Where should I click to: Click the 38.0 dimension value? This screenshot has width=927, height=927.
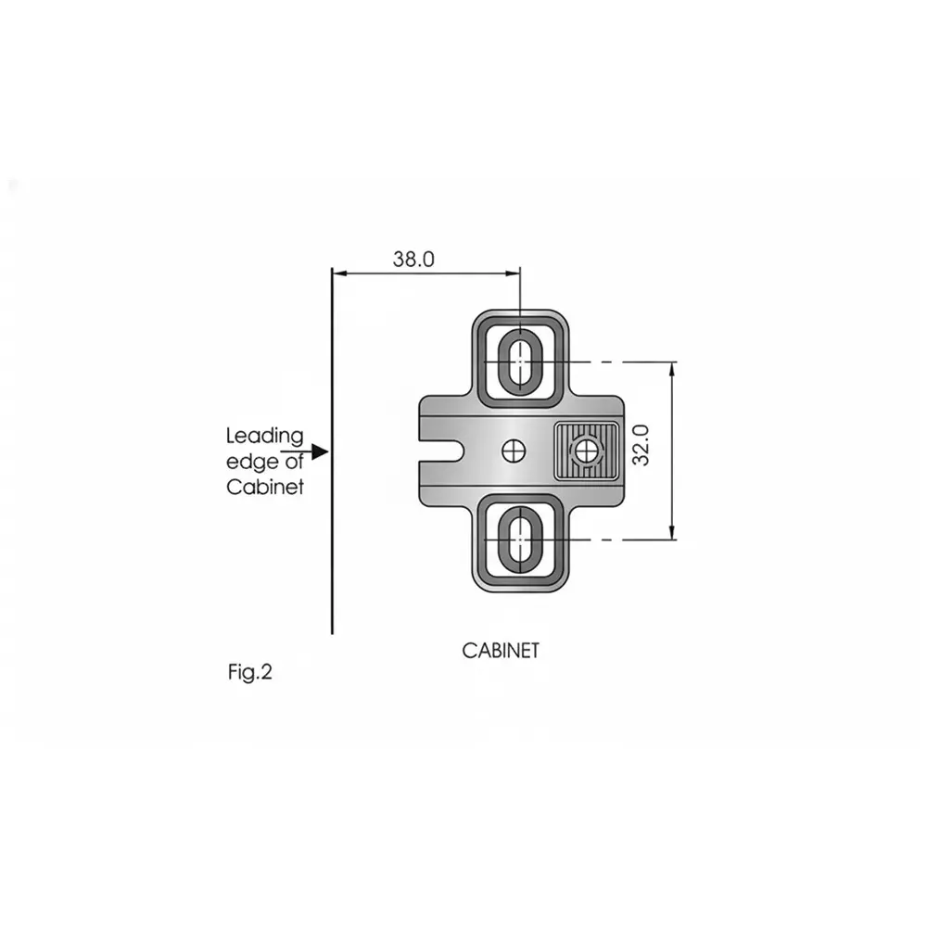tap(413, 260)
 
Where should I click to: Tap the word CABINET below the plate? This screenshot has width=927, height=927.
tap(501, 651)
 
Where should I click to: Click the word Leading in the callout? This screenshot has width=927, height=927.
tap(265, 436)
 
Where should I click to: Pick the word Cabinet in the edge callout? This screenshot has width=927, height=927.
tap(265, 488)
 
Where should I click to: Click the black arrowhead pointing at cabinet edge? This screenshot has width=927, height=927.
tap(320, 452)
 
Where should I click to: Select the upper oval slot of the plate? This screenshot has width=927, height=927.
tap(520, 360)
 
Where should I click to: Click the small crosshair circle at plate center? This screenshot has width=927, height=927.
tap(513, 451)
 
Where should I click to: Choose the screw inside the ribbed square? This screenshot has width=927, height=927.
tap(585, 451)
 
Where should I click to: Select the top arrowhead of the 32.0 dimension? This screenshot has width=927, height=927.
tap(672, 369)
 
